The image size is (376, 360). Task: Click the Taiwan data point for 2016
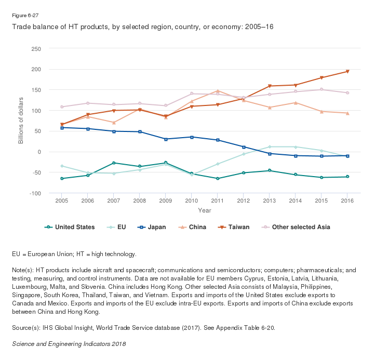pos(347,71)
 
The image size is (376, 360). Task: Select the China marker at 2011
pos(218,91)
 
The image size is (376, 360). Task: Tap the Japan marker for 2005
pos(62,127)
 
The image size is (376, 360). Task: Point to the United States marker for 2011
pos(218,178)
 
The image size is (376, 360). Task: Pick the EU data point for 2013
pos(270,146)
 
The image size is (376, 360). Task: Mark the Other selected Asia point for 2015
pos(321,89)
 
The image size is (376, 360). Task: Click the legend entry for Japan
pos(151,226)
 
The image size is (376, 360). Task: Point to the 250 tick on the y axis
pos(36,49)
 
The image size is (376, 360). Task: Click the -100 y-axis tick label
pos(35,193)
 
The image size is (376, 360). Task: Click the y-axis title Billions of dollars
pos(21,121)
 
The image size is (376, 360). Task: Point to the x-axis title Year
pos(205,210)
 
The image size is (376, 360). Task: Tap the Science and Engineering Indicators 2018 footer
pos(69,343)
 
